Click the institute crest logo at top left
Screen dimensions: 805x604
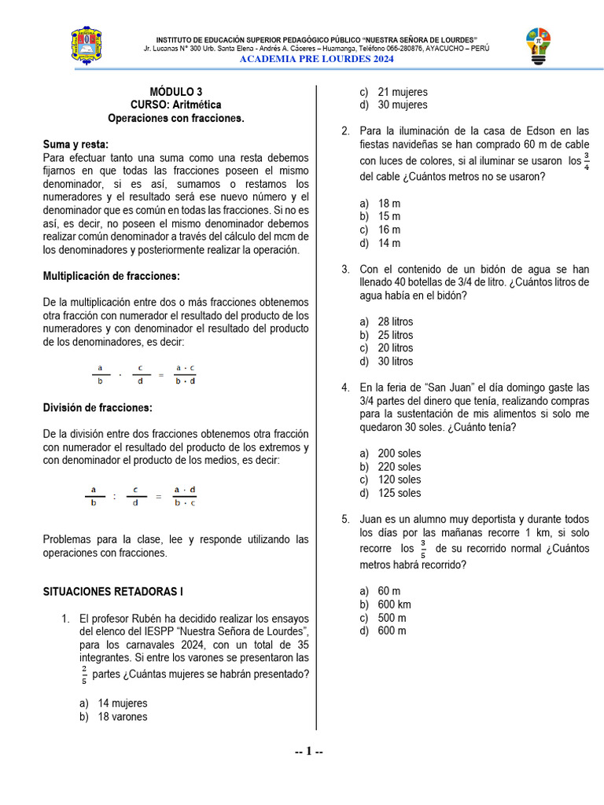86,46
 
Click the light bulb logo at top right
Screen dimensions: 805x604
539,46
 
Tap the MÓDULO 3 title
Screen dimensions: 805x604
176,91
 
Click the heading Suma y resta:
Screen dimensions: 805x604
75,144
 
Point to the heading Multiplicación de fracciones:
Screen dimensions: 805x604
111,276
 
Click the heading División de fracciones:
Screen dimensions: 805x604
98,407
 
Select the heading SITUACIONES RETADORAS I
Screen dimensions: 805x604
112,592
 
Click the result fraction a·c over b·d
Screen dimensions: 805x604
185,374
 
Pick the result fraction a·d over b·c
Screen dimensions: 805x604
185,496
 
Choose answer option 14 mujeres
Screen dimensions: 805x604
122,703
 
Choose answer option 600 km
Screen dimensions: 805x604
394,604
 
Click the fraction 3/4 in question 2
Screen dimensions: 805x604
585,160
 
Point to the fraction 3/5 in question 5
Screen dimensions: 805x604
423,549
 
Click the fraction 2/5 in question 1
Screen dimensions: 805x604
83,675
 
